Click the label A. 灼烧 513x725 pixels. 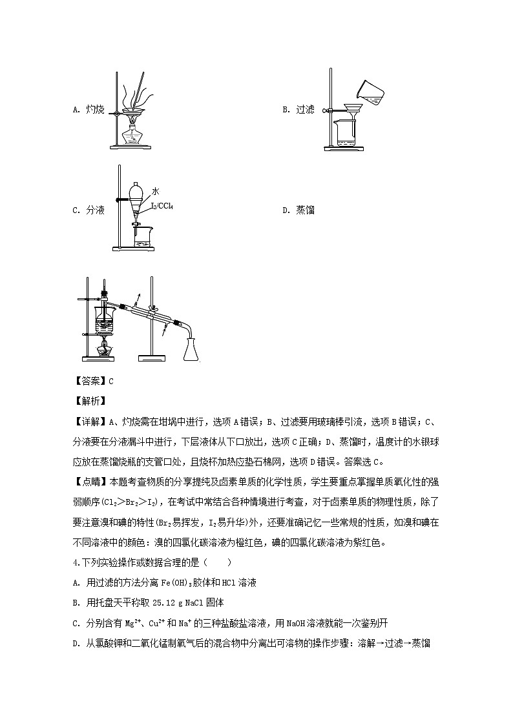[89, 110]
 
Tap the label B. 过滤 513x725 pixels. [298, 110]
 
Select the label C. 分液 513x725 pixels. [89, 210]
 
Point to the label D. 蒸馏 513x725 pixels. [298, 210]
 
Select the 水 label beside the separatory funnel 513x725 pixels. [156, 191]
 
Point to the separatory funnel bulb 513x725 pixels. [138, 192]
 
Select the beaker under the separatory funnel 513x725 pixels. [142, 236]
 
